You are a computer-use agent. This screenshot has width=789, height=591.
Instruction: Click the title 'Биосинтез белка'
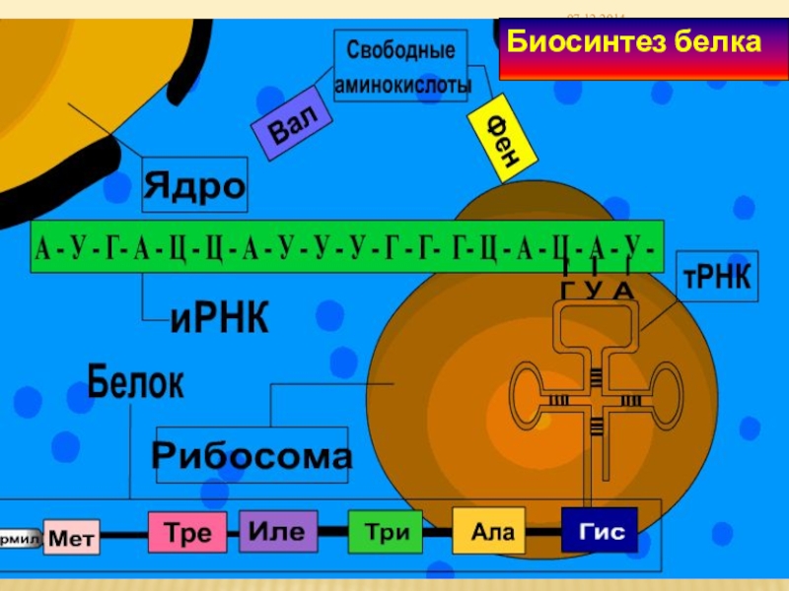tap(634, 43)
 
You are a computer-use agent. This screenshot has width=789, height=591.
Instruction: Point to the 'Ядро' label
tap(194, 184)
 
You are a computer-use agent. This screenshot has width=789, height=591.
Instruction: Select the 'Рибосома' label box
tap(251, 456)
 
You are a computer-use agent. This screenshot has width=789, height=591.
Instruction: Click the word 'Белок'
tap(135, 382)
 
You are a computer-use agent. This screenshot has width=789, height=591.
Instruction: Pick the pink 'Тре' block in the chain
tap(187, 533)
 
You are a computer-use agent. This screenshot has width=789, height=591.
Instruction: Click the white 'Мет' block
tap(71, 539)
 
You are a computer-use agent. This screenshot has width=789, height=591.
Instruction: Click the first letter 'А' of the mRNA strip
tap(43, 247)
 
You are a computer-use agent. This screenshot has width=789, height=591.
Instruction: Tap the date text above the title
tap(596, 17)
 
